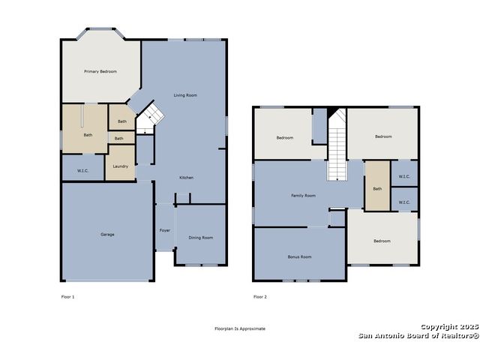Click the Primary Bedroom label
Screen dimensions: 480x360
(x=100, y=71)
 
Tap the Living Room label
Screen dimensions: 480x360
(x=185, y=95)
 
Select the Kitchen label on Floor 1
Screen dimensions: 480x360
(x=186, y=178)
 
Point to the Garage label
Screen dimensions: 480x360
(x=107, y=235)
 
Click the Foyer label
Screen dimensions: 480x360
(x=165, y=230)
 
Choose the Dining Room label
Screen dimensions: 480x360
(x=201, y=238)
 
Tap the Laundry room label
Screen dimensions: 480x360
(x=120, y=166)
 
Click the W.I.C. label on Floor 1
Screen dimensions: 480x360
(x=82, y=171)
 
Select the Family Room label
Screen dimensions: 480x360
(x=303, y=196)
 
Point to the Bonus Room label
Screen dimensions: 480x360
(x=299, y=256)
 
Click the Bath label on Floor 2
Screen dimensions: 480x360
(x=377, y=189)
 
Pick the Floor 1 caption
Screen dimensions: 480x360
(x=67, y=297)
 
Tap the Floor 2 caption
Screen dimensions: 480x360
(x=260, y=297)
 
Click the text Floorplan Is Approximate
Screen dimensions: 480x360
(x=240, y=328)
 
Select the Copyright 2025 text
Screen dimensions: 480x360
(x=449, y=327)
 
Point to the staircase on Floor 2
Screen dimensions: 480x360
(x=337, y=145)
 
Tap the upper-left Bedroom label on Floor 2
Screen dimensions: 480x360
(x=285, y=138)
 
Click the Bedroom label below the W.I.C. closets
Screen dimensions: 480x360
(x=382, y=241)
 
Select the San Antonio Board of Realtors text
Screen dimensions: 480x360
(x=418, y=336)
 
